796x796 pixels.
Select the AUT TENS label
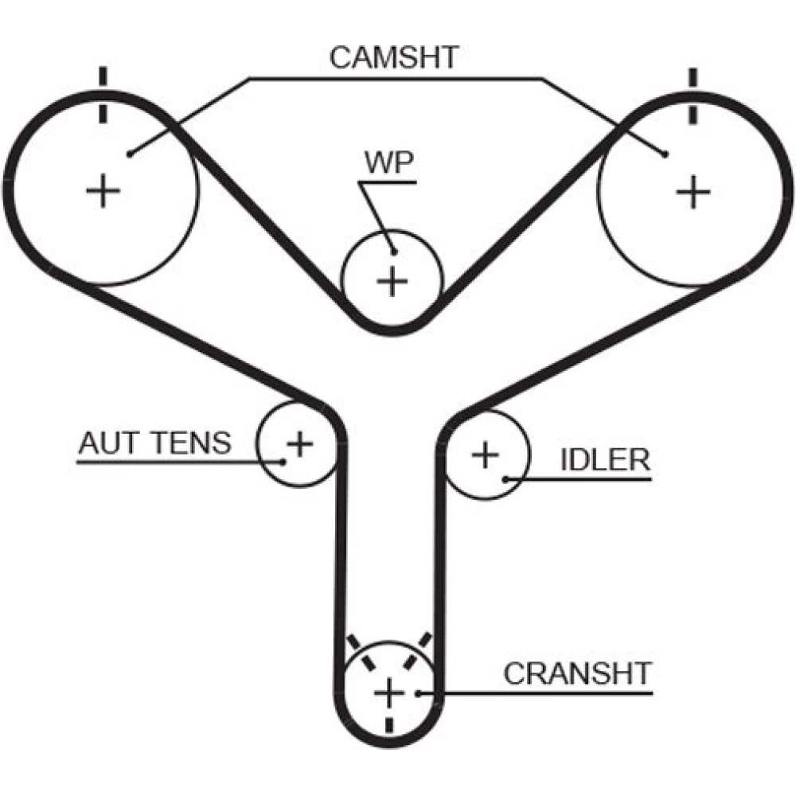tap(154, 443)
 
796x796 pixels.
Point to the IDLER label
tap(605, 459)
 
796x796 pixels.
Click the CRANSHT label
tap(577, 673)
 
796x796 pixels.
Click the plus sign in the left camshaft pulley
tap(103, 191)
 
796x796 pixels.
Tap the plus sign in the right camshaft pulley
tap(693, 191)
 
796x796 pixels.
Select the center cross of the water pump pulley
tap(391, 281)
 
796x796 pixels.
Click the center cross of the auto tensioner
tap(299, 443)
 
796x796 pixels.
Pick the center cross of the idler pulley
tap(485, 455)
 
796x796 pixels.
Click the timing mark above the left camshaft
tap(102, 95)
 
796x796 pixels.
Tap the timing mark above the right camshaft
tap(693, 95)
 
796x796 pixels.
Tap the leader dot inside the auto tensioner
tap(283, 461)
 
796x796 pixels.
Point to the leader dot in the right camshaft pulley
tap(665, 154)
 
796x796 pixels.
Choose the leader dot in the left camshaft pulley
tap(129, 154)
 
